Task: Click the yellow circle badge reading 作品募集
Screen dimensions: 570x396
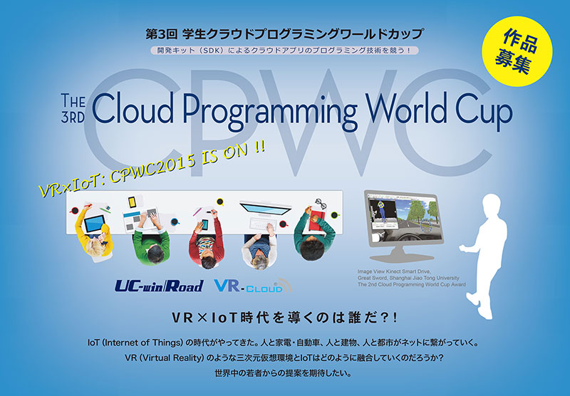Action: click(517, 51)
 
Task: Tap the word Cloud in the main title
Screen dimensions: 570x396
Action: click(133, 108)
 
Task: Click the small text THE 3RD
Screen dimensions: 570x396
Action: click(73, 108)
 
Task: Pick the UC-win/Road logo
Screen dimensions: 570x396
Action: click(159, 286)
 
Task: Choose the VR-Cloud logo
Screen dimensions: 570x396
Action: click(252, 286)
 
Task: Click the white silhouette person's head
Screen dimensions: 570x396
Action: click(492, 205)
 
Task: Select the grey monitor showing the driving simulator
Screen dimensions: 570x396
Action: click(404, 225)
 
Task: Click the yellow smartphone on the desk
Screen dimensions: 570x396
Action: click(132, 202)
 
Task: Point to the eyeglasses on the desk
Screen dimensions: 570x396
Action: click(321, 204)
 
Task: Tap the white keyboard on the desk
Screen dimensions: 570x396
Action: click(263, 223)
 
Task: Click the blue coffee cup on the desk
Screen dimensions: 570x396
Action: click(175, 222)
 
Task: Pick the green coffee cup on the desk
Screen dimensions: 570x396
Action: click(334, 215)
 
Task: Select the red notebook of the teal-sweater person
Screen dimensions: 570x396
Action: click(318, 220)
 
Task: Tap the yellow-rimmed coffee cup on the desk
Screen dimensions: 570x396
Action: click(220, 202)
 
